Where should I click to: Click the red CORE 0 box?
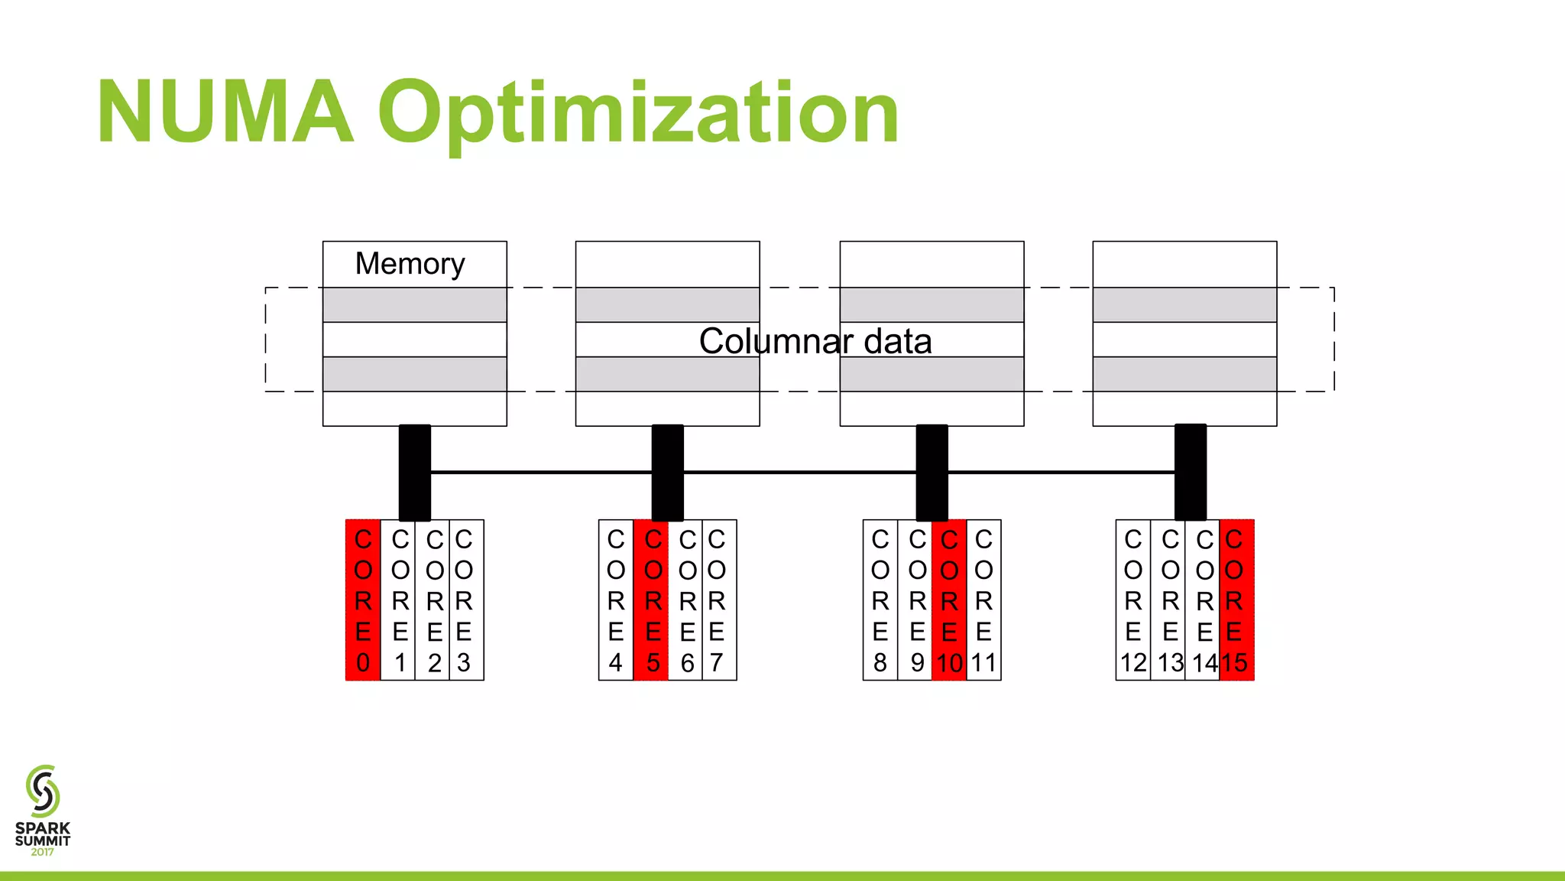coord(363,600)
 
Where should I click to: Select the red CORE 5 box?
coord(652,600)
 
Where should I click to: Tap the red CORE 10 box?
coord(949,600)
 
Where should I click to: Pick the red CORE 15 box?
coord(1236,600)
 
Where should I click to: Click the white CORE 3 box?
coord(466,600)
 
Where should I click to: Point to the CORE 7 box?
coord(719,600)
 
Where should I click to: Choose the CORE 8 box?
coord(880,600)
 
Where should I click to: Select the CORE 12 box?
coord(1133,600)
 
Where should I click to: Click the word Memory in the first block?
coord(410,264)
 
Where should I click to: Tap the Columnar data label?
coord(815,341)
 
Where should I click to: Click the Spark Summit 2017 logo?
coord(43,811)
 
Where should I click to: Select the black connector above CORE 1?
coord(414,473)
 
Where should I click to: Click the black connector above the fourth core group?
coord(1190,473)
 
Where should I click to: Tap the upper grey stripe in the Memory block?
coord(414,304)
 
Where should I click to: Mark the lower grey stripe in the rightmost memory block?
coord(1184,374)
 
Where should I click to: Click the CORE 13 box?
coord(1169,600)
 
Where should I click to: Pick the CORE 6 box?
coord(686,600)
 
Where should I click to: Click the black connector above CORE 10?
coord(932,473)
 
